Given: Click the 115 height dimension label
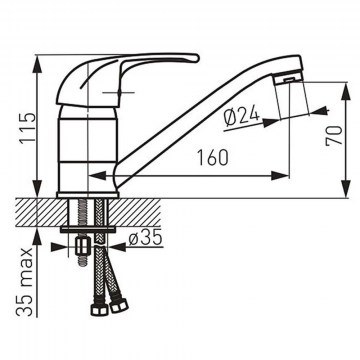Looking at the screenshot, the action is coord(27,128).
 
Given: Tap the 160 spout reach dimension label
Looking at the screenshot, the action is coord(213,158).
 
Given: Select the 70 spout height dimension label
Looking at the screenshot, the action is coord(334,135).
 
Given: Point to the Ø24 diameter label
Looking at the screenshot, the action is coord(241,117).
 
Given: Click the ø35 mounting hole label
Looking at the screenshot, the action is coord(145,238).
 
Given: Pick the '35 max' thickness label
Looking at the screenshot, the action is coord(25,282).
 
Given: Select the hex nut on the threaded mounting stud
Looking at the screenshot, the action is coord(82,247).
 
